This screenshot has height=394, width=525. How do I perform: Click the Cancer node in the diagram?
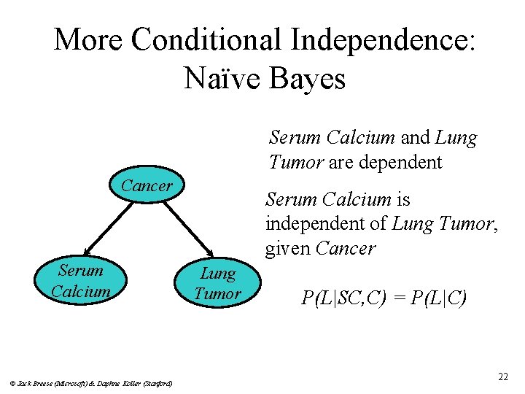147,186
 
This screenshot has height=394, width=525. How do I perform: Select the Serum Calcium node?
81,281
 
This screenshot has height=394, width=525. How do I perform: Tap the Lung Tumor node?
217,284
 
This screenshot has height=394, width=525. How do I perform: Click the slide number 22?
502,376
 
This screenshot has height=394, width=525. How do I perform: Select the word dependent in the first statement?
398,162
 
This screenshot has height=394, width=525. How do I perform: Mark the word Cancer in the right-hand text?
346,248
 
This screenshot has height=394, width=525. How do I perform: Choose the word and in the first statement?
415,137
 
